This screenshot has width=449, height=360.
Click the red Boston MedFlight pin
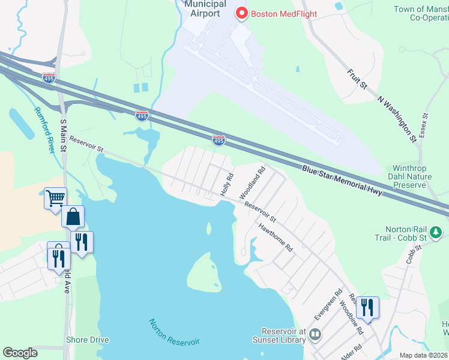click(x=242, y=13)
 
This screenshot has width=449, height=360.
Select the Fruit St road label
click(x=357, y=79)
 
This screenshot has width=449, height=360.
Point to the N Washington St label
click(x=397, y=119)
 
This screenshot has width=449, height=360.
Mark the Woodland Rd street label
click(x=253, y=183)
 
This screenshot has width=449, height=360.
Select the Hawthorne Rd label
click(x=275, y=237)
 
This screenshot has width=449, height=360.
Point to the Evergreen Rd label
click(x=328, y=304)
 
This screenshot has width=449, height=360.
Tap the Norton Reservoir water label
click(x=173, y=332)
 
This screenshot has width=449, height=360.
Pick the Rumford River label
click(x=45, y=130)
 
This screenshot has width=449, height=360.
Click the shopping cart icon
click(x=55, y=197)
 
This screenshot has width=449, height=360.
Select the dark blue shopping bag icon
click(x=73, y=217)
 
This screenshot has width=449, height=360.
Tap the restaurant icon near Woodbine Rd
click(x=367, y=308)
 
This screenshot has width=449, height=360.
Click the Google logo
click(x=20, y=353)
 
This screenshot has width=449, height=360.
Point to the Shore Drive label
click(x=88, y=340)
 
